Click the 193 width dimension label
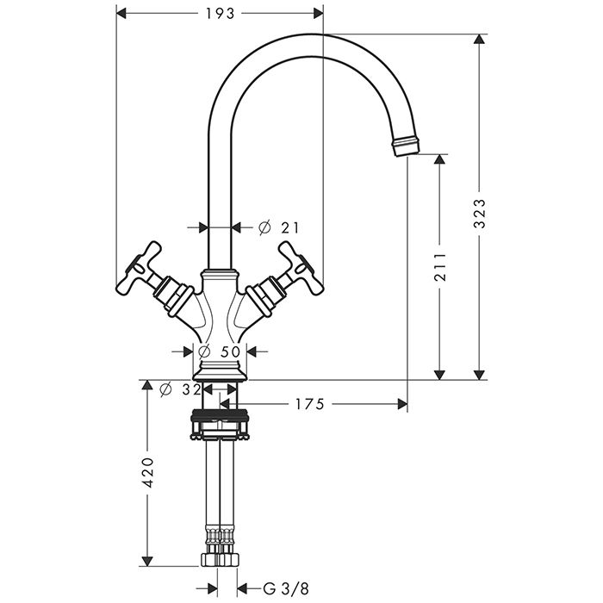[220, 14]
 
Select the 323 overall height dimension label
[479, 214]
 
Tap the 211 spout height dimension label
[439, 267]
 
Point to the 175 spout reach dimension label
[309, 404]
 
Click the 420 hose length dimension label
[147, 473]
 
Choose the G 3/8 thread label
[286, 588]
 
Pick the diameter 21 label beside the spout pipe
[278, 227]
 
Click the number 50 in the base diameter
[231, 351]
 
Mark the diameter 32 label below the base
[180, 390]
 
